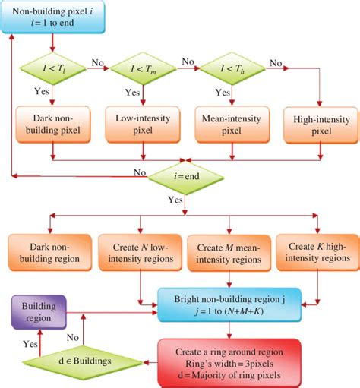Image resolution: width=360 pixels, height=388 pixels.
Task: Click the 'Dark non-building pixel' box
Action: [51, 125]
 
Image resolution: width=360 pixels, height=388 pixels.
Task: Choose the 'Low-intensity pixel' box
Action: [139, 125]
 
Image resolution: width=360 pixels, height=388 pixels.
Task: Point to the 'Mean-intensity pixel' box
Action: [227, 125]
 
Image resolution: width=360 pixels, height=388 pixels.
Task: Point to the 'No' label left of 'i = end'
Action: [139, 172]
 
